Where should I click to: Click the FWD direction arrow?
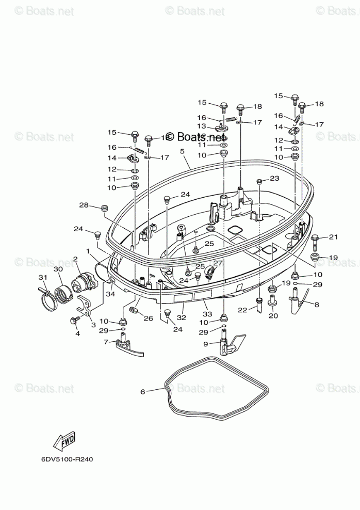tap(64, 441)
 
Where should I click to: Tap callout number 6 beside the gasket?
tap(142, 391)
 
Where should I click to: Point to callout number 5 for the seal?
tap(182, 151)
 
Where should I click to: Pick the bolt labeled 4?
tap(74, 321)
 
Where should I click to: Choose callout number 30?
tap(58, 269)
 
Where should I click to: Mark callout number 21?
tap(333, 237)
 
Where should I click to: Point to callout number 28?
tap(84, 205)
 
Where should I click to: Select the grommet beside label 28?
tap(103, 208)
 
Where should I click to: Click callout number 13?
tap(202, 126)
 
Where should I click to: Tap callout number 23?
tap(274, 178)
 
